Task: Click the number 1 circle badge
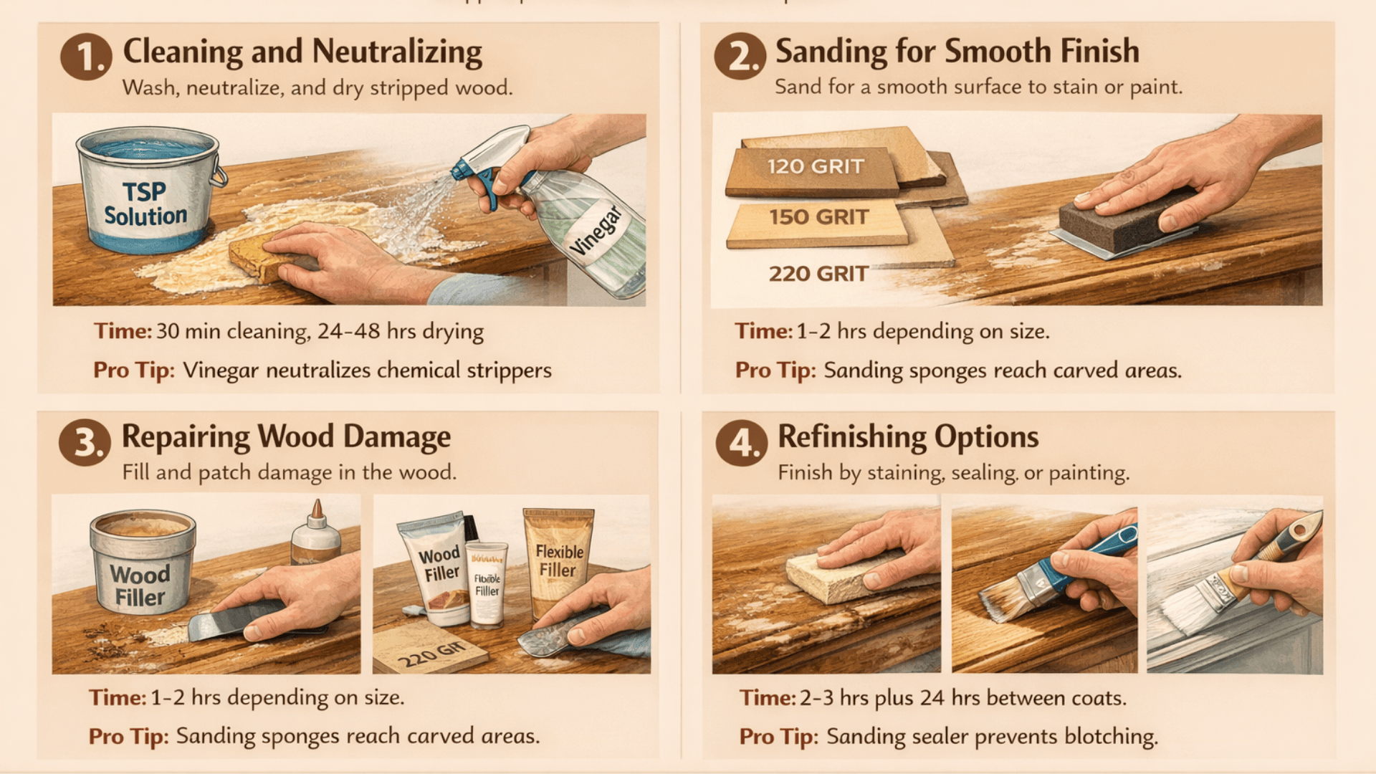[x=86, y=57]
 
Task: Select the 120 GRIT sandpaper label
[x=815, y=167]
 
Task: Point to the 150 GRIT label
[x=818, y=217]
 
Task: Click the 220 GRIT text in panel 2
[x=818, y=274]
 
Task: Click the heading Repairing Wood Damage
[x=286, y=436]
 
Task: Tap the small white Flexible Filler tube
[x=487, y=584]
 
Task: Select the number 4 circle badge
[x=741, y=443]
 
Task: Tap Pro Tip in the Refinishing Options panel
[x=778, y=737]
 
